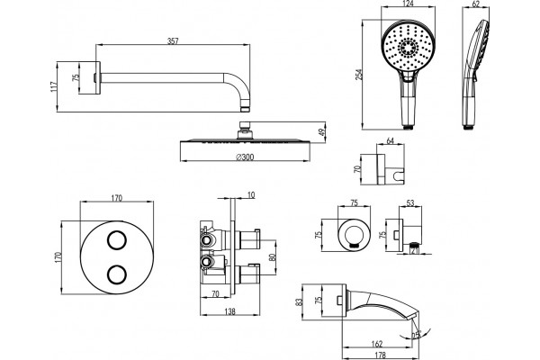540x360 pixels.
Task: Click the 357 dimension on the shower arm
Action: [x=173, y=41]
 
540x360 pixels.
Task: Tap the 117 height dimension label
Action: [x=53, y=86]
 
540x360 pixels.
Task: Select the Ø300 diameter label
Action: [x=245, y=157]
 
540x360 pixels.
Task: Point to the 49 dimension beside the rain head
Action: [x=322, y=132]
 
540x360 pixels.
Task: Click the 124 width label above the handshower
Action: [x=409, y=4]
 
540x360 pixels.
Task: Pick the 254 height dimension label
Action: [x=359, y=75]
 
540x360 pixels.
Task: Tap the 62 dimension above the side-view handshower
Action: [x=475, y=4]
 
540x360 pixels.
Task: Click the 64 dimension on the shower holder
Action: [x=391, y=141]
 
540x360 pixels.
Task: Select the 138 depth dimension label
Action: [x=229, y=311]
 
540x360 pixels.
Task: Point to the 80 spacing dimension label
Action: [x=272, y=257]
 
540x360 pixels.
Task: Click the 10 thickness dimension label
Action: [x=251, y=195]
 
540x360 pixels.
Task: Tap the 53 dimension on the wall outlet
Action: [x=410, y=202]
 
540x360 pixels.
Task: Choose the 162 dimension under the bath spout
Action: [x=377, y=344]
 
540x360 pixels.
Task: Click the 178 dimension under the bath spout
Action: [x=380, y=355]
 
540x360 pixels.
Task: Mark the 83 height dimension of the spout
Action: [x=300, y=302]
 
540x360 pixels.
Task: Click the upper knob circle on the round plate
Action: [x=117, y=239]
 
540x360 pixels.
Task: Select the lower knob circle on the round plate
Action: [x=117, y=274]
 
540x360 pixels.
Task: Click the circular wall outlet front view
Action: [x=354, y=235]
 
